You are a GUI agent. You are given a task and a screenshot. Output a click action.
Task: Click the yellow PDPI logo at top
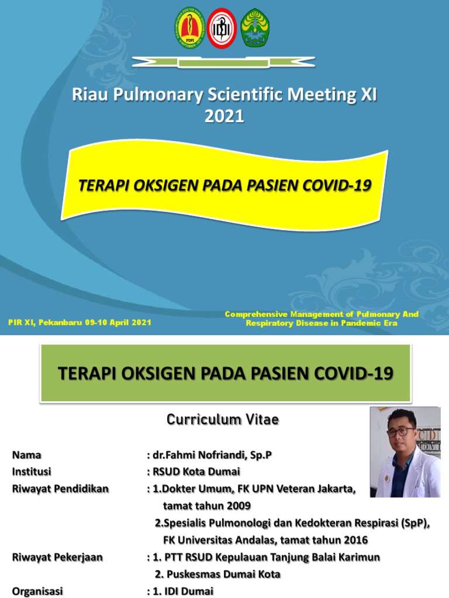pos(189,27)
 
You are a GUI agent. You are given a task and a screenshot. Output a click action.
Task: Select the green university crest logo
pos(255,27)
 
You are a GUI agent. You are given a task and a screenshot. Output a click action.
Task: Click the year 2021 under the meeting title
pos(224,116)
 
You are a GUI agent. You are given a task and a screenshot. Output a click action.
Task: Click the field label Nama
pos(27,455)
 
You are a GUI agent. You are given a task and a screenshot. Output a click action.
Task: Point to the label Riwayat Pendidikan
pos(60,489)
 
